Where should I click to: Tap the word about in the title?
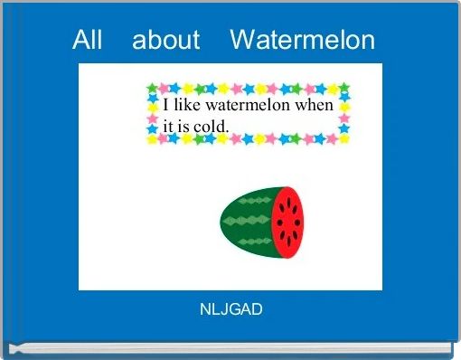pyautogui.click(x=165, y=40)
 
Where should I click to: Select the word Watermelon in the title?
pyautogui.click(x=302, y=40)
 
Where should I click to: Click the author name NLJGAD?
pyautogui.click(x=230, y=310)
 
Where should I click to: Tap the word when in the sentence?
pyautogui.click(x=315, y=105)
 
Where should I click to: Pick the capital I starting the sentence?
pyautogui.click(x=166, y=105)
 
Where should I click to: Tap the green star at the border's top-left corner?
pyautogui.click(x=152, y=89)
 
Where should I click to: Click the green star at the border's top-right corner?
pyautogui.click(x=344, y=88)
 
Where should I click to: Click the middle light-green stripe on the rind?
pyautogui.click(x=246, y=221)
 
